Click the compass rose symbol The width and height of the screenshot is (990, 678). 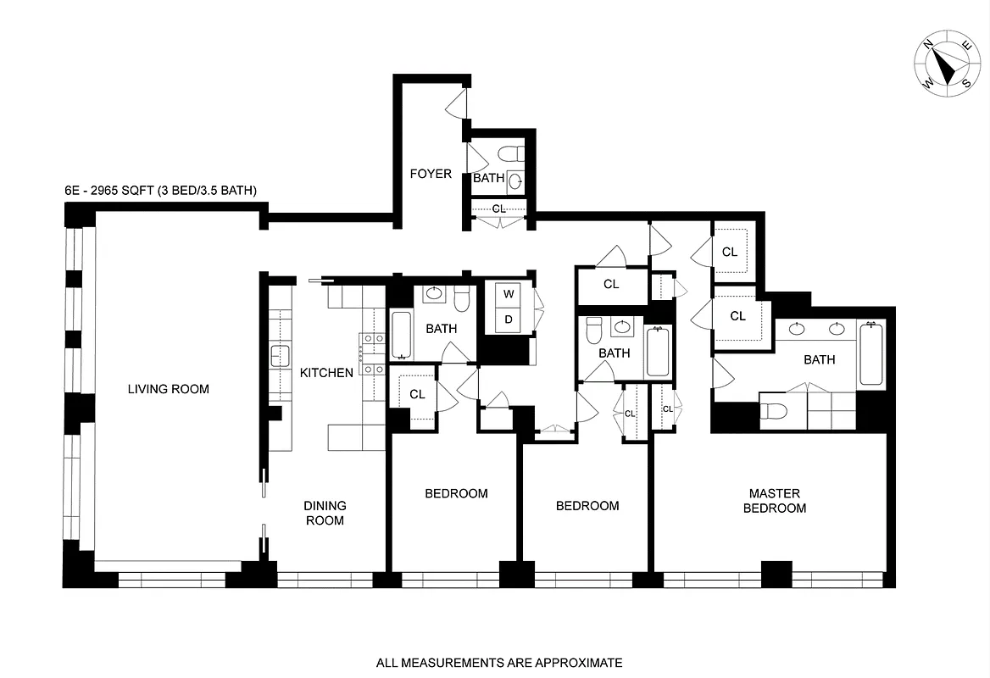click(948, 67)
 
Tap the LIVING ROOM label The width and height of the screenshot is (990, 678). click(168, 389)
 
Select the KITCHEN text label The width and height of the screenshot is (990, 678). click(326, 372)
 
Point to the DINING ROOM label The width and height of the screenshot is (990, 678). click(325, 513)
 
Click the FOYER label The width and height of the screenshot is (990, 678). click(431, 175)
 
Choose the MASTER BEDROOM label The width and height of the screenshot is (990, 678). click(774, 501)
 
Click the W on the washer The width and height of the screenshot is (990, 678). click(509, 294)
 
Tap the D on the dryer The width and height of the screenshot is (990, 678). click(509, 319)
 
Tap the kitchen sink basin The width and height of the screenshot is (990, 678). click(281, 356)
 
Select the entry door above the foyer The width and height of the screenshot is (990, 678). click(455, 103)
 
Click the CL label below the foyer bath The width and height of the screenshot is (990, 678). click(498, 208)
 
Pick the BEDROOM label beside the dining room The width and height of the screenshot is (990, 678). click(456, 493)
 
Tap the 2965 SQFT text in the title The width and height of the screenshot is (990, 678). click(113, 191)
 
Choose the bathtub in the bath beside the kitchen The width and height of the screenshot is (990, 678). click(401, 336)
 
